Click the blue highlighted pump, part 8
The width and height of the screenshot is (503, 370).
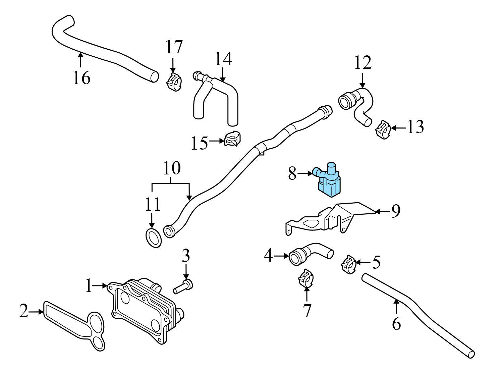(x=328, y=181)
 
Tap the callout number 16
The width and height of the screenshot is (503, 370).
(x=81, y=78)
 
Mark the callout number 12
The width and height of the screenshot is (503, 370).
(x=362, y=63)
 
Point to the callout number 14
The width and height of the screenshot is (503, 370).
(x=223, y=59)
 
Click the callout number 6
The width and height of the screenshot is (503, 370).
(x=396, y=324)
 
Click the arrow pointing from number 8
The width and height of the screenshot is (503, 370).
(x=305, y=173)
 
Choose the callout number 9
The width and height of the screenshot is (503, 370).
(x=396, y=211)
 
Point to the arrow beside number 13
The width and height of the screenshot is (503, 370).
(x=398, y=128)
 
